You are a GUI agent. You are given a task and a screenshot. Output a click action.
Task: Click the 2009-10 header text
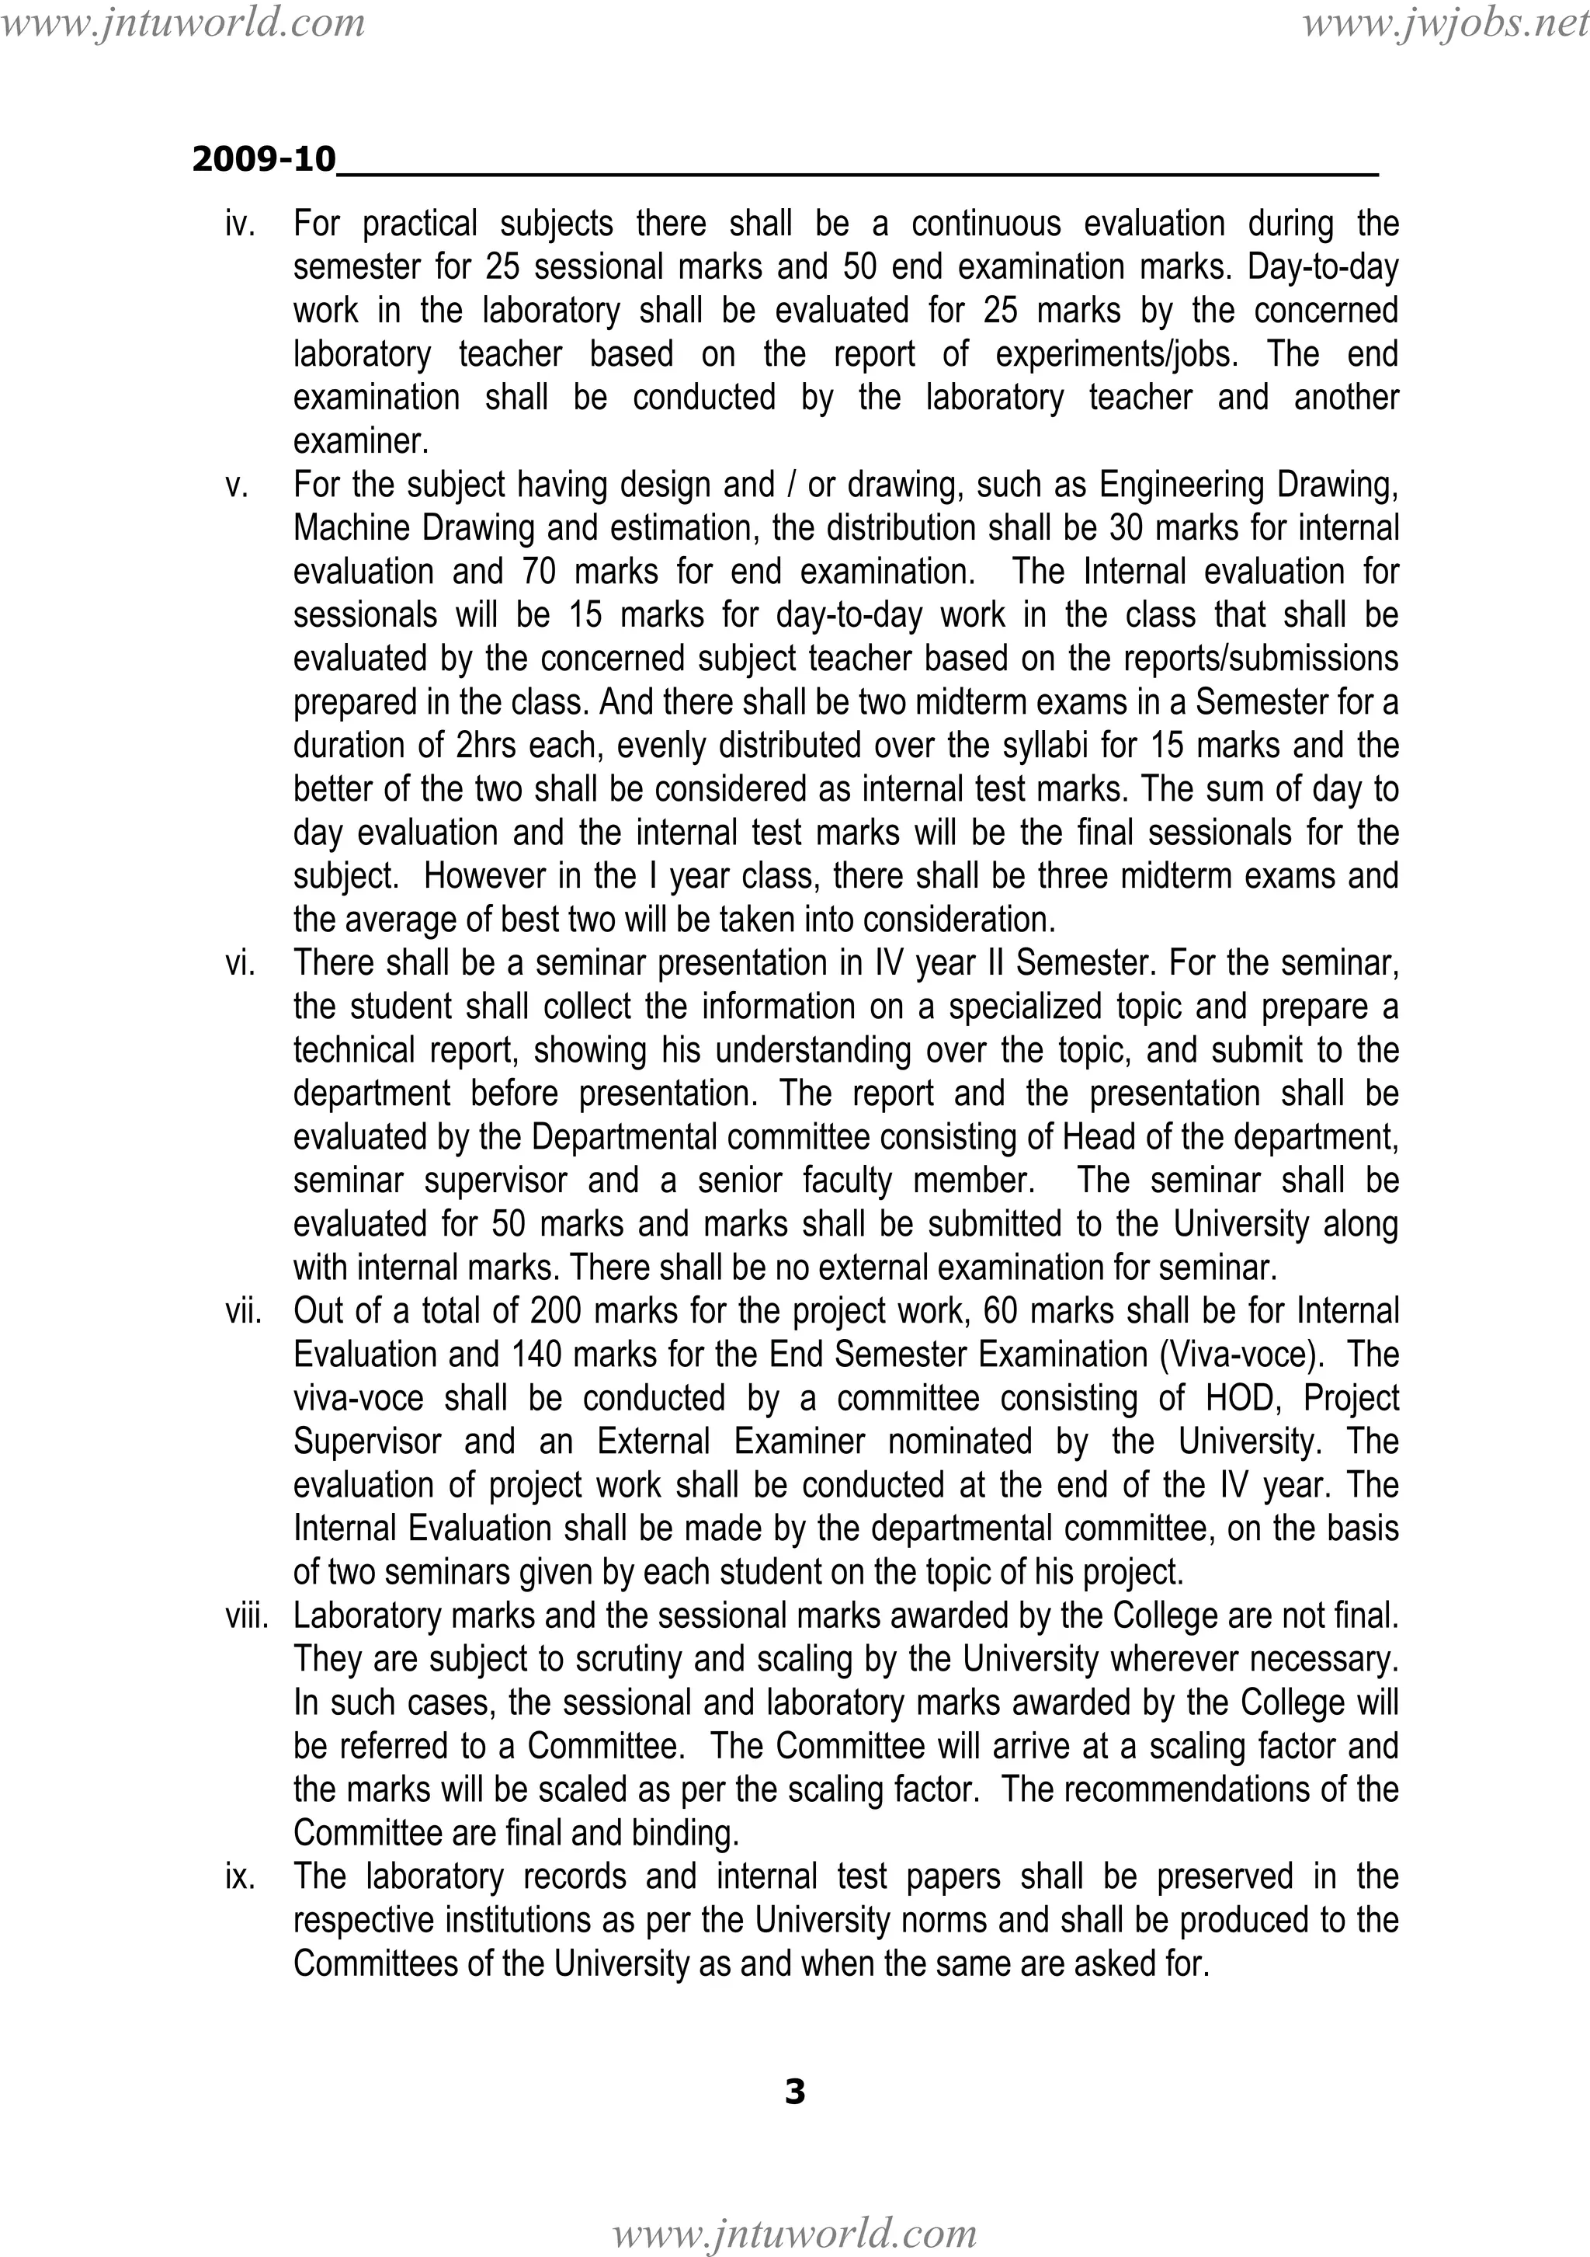coord(263,159)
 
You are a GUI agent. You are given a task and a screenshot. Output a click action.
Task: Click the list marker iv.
coord(240,224)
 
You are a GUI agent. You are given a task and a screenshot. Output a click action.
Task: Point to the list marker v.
coord(237,485)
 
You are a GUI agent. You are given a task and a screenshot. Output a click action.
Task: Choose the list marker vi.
coord(240,963)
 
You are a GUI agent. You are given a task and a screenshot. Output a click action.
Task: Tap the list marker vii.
coord(243,1311)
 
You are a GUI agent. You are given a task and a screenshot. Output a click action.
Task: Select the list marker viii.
coord(245,1616)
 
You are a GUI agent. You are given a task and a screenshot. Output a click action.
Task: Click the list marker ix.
coord(240,1877)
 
